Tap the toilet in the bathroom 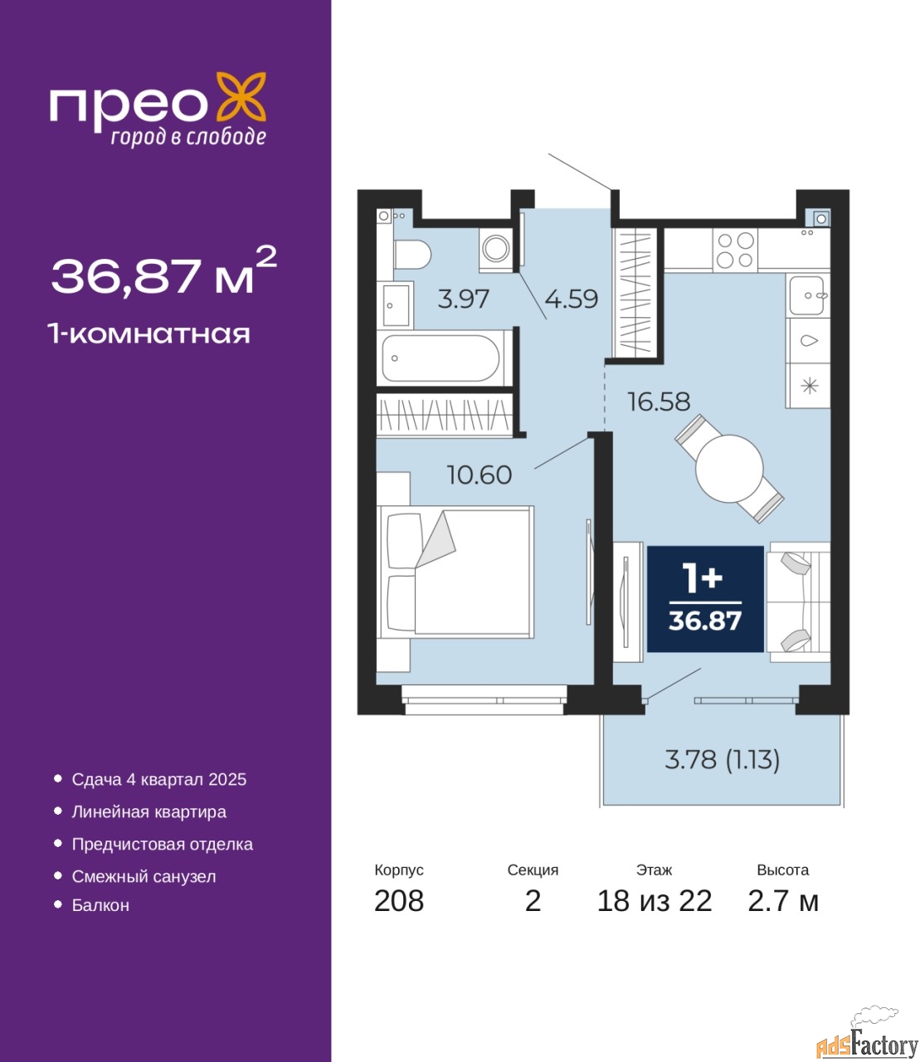tap(412, 255)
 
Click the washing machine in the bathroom tap(496, 250)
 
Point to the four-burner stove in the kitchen tap(735, 251)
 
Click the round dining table tap(729, 468)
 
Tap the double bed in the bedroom tap(455, 572)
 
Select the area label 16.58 tap(659, 402)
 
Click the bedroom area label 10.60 tap(479, 475)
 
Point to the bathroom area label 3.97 tap(464, 299)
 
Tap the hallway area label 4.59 tap(572, 299)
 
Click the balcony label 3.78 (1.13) tap(723, 759)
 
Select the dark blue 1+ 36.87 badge tap(705, 598)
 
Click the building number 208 tap(399, 901)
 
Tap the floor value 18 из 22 tap(655, 901)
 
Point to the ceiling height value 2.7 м tap(783, 901)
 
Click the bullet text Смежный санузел tap(144, 876)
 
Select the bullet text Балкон tap(100, 905)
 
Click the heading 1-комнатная tap(149, 334)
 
